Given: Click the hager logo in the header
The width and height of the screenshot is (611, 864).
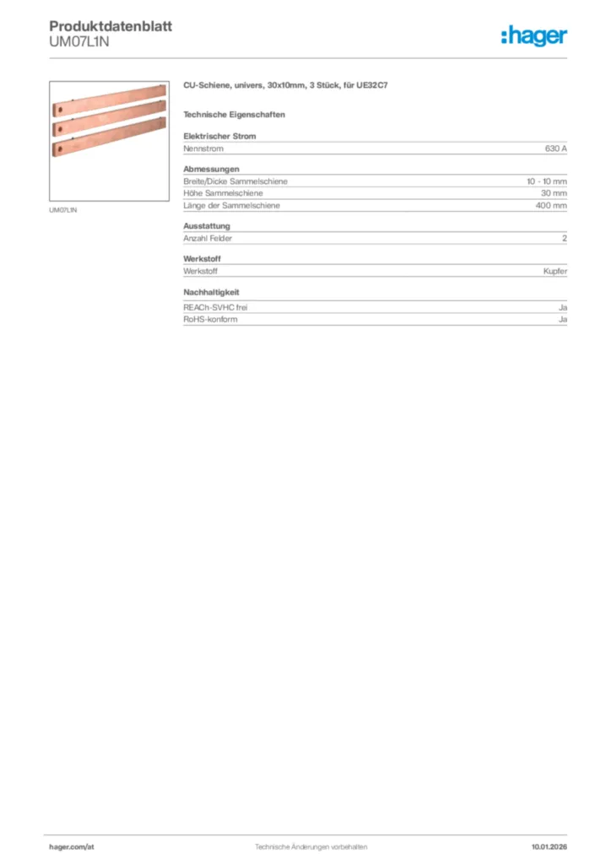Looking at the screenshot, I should [x=534, y=36].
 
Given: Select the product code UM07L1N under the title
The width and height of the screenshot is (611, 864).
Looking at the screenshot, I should [x=79, y=42].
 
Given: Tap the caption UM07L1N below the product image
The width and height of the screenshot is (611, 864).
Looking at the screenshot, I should [x=63, y=210].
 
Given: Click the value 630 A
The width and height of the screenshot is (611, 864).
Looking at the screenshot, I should [x=555, y=148].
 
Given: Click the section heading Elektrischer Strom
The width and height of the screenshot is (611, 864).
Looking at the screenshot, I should [x=219, y=136].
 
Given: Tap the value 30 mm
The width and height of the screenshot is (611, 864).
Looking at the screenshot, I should [x=554, y=193].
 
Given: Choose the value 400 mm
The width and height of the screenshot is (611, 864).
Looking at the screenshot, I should [x=551, y=205].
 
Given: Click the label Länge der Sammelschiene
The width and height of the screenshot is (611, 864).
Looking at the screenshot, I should [x=231, y=205].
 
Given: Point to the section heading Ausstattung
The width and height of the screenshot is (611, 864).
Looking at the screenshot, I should [x=207, y=226].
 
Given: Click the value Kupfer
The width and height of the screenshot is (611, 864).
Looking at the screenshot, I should [x=555, y=271].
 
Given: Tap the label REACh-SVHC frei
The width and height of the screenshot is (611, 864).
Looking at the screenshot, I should [x=215, y=308].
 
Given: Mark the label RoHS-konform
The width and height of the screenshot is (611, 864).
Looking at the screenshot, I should [x=210, y=320].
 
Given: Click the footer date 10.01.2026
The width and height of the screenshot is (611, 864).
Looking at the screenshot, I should [x=549, y=845].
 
